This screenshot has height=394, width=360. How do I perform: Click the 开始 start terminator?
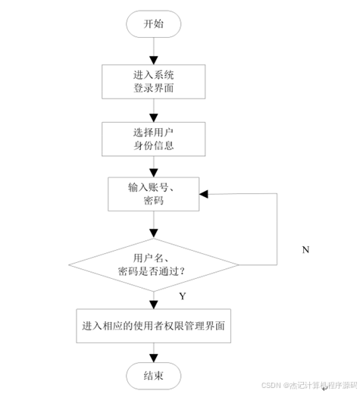point(154,24)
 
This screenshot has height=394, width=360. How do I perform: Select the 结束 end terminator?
point(154,376)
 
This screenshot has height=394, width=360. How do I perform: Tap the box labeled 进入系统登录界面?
point(154,82)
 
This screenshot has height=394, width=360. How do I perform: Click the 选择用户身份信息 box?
point(154,139)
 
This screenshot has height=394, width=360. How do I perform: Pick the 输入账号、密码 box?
point(154,194)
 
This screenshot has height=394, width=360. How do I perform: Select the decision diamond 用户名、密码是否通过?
point(154,265)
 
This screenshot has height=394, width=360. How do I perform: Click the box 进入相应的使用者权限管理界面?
point(154,326)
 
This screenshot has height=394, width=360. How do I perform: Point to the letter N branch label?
point(305,250)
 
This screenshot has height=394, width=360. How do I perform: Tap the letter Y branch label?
point(183,296)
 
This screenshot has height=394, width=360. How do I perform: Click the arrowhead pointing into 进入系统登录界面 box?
point(154,61)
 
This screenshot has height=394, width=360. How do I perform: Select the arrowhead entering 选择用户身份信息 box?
point(154,118)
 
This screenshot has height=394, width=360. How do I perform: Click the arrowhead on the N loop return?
point(204,194)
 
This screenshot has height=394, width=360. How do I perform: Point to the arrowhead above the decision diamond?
point(154,233)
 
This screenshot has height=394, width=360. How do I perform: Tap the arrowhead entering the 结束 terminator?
point(154,358)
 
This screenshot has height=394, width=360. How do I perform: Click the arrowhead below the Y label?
point(154,305)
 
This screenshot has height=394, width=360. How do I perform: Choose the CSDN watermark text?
point(309,386)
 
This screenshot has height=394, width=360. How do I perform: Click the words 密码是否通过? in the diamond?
point(152,271)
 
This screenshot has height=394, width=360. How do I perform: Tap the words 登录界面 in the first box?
point(154,88)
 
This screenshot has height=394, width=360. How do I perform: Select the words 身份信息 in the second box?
point(154,145)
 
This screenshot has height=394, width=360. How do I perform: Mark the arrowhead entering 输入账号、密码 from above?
point(154,173)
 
